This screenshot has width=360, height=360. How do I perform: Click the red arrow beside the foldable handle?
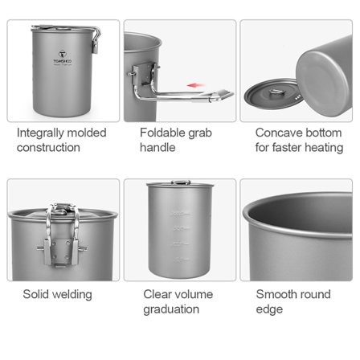pos(194,84)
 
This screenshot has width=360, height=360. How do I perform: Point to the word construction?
pos(48,148)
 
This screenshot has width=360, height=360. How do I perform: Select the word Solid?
pos(37,294)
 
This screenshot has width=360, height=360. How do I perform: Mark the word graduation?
pos(170,309)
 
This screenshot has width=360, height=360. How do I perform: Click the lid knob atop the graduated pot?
pos(179,183)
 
